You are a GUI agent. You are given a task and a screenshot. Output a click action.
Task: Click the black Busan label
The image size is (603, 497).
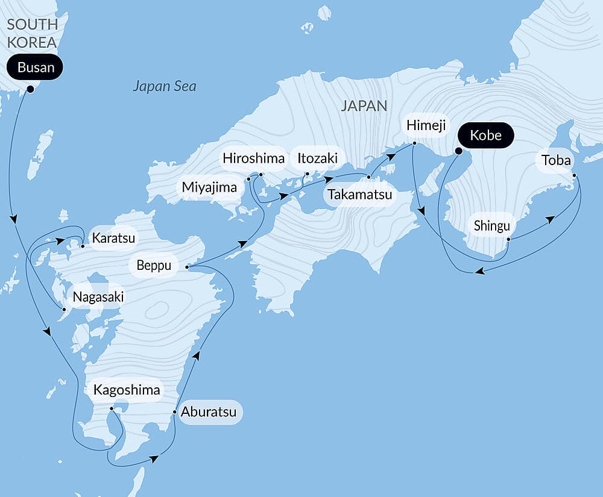tap(36, 67)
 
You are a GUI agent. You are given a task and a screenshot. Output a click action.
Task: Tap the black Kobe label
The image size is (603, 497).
tap(485, 135)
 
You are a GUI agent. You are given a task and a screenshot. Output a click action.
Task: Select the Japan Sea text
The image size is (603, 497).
tap(165, 86)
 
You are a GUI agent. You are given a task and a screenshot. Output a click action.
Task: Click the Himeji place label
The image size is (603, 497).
tap(426, 125)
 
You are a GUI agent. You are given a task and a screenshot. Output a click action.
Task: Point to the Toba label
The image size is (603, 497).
tap(556, 160)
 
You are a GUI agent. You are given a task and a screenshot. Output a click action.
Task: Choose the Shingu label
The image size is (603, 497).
tap(492, 226)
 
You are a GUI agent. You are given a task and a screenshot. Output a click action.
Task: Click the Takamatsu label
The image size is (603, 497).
tap(359, 195)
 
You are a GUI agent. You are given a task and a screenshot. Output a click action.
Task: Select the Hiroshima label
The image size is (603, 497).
tap(253, 158)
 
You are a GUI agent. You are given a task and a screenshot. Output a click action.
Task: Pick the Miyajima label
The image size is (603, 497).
tap(210, 187)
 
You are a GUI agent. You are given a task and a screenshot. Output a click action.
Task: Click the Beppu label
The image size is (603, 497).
tap(154, 265)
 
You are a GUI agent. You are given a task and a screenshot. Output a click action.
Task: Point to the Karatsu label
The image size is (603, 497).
tap(113, 237)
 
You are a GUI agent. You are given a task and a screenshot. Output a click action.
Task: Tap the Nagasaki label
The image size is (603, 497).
tap(98, 297)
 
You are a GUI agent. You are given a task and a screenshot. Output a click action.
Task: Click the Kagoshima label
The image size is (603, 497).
tap(127, 390)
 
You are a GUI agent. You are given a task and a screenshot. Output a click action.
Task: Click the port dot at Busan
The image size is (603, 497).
tap(30, 89)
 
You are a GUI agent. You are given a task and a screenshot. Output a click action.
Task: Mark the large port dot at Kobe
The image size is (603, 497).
tap(458, 151)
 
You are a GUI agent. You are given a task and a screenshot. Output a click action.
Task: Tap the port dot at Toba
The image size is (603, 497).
tap(574, 176)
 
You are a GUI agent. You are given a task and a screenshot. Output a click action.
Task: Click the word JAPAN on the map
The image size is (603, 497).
tap(364, 106)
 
